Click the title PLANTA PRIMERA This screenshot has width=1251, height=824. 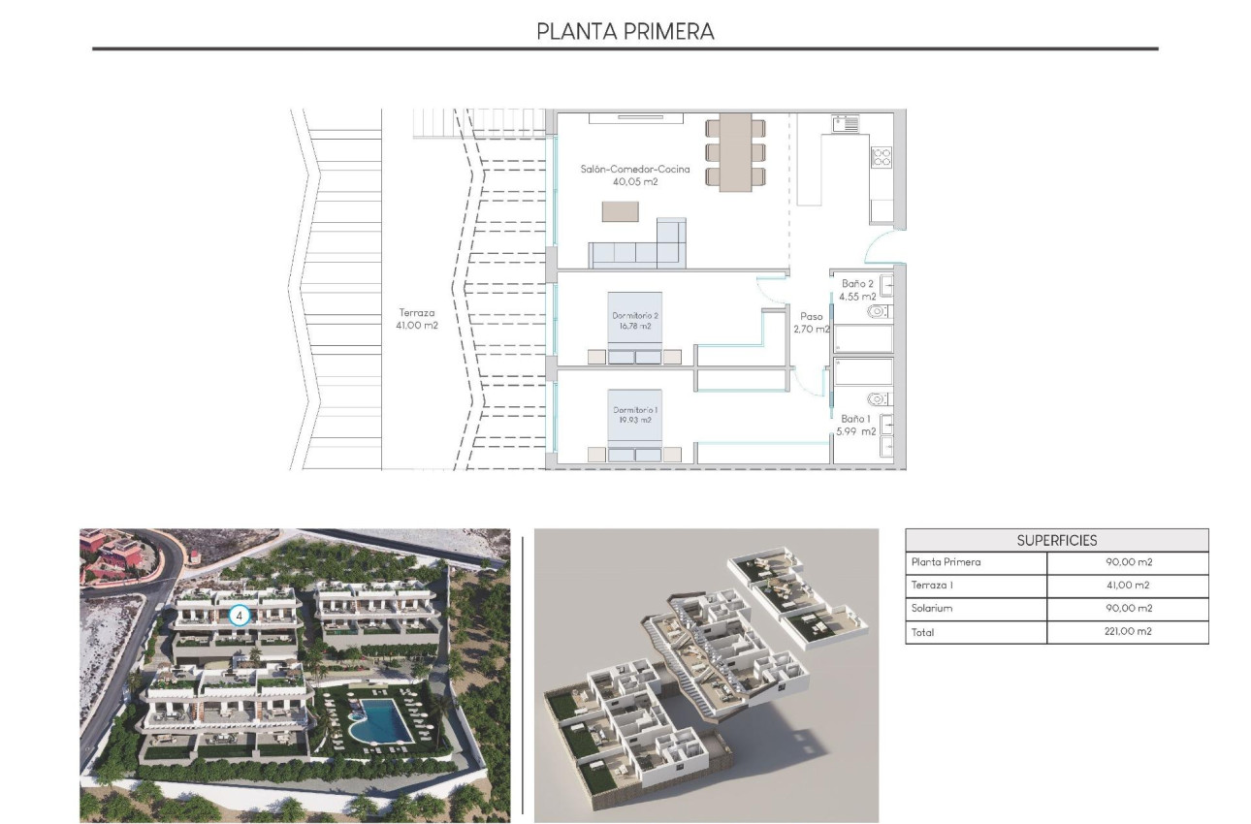pos(625,31)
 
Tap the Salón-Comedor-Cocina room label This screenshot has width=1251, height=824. pos(622,174)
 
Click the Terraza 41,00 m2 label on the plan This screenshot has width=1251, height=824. pos(417,319)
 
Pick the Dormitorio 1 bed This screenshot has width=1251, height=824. pos(635,426)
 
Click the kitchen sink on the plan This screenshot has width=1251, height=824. pos(845,124)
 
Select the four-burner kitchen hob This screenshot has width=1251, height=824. pos(881,157)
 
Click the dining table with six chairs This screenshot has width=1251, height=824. pos(736,151)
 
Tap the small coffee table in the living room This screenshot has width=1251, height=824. pos(621,210)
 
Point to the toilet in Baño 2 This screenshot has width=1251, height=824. pos(880,311)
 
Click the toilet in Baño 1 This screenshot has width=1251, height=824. pos(880,397)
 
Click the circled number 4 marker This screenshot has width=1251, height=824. pos(240,615)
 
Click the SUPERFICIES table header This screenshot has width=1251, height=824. pos(1057,540)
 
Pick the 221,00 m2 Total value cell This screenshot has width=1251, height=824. pos(1128,632)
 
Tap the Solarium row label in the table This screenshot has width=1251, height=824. pos(932,609)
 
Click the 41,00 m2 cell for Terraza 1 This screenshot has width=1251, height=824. pos(1128,586)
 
